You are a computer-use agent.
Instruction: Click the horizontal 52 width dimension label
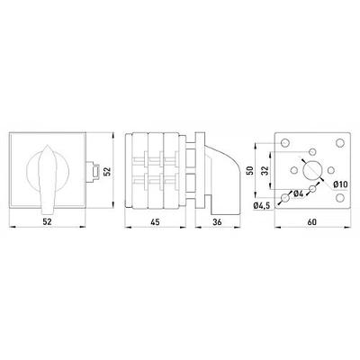click(47, 221)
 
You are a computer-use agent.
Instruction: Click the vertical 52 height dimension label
click(107, 171)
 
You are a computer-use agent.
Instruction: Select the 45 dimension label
click(155, 222)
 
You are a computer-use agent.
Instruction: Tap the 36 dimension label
click(217, 222)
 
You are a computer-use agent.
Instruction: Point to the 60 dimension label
click(312, 222)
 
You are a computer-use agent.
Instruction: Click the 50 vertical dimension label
click(250, 170)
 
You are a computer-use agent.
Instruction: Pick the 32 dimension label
click(265, 171)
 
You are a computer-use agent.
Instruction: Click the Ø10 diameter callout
click(340, 184)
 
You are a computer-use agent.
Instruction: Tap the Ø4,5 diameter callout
click(262, 206)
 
